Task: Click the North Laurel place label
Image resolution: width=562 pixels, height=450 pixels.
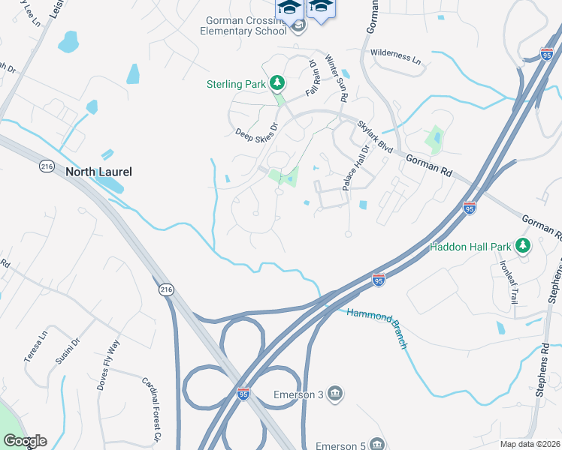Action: [x=98, y=172]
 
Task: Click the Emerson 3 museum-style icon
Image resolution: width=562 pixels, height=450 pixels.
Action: [x=335, y=392]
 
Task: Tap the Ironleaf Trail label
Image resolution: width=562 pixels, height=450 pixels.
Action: [x=509, y=278]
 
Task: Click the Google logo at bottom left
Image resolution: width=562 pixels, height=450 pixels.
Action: [x=25, y=441]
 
